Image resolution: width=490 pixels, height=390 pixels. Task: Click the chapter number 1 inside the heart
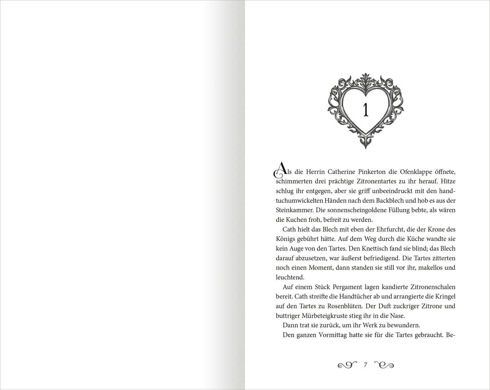click(366, 110)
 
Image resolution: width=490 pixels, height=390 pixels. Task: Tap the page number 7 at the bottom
click(365, 365)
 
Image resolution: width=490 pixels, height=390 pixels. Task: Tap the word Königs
click(286, 239)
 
